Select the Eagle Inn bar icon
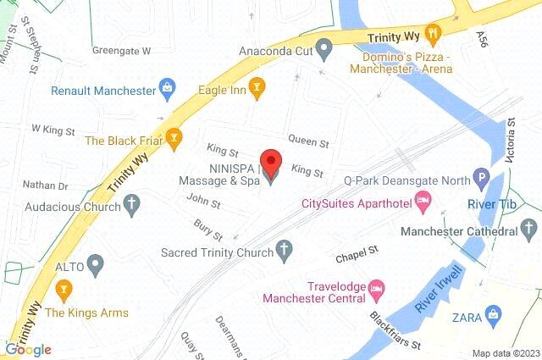point(258,85)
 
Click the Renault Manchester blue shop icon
point(168,89)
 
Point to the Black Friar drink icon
point(173,136)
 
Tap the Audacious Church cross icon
point(130,202)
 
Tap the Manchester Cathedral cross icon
point(529,230)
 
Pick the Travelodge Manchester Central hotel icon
point(378,290)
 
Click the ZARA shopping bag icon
point(491,318)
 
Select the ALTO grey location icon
point(95,266)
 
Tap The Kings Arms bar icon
point(62,291)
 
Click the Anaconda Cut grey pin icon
point(323,48)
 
